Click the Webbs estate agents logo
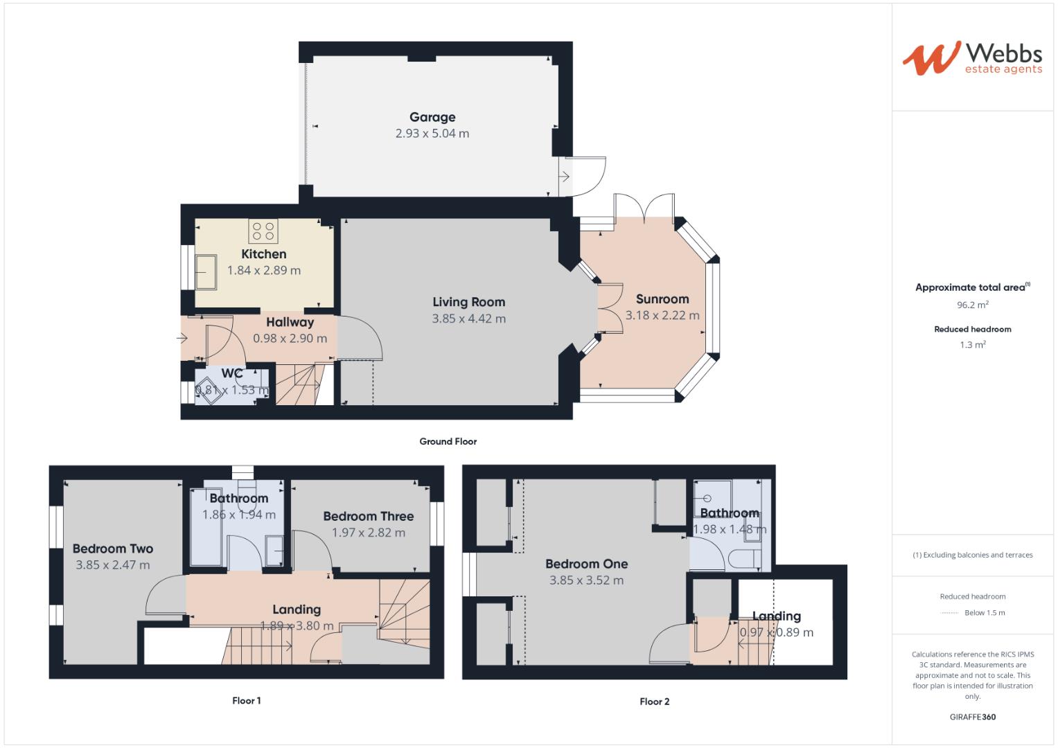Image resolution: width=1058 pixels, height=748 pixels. (x=971, y=58)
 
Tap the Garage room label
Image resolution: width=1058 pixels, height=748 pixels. (x=432, y=117)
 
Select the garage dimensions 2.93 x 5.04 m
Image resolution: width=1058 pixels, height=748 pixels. (x=432, y=134)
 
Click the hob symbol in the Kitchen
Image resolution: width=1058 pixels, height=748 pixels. (x=263, y=230)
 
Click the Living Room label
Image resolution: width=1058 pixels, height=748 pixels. (x=468, y=302)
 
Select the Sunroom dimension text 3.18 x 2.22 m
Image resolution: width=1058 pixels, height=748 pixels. (x=662, y=315)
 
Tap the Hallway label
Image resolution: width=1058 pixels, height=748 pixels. (x=290, y=322)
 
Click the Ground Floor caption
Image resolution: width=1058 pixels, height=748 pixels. (x=448, y=441)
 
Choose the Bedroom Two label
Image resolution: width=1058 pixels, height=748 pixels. (x=113, y=549)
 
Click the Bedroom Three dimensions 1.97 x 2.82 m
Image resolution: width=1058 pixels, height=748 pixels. (x=368, y=533)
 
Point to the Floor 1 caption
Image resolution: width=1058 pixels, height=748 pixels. (x=246, y=701)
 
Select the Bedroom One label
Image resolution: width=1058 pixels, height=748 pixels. (x=586, y=564)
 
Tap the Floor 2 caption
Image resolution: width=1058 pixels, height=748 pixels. (x=654, y=702)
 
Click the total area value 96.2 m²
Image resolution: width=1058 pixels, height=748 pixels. (x=972, y=304)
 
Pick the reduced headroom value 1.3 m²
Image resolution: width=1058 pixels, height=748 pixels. (x=972, y=345)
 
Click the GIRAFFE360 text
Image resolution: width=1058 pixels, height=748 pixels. (x=972, y=717)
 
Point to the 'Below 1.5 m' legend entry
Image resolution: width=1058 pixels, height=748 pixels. (x=984, y=613)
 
